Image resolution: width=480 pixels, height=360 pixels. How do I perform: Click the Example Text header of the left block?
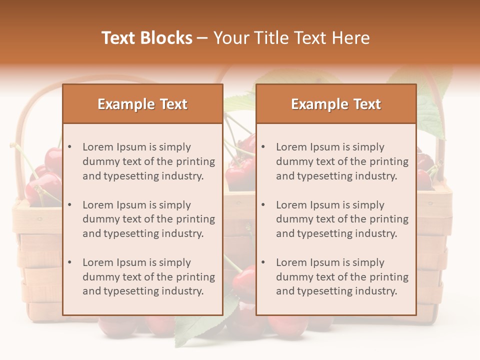click(142, 104)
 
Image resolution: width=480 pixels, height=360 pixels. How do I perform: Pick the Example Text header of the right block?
click(336, 104)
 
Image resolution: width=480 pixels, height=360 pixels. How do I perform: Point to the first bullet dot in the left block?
click(70, 147)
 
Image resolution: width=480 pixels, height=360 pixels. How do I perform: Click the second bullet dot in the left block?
click(70, 205)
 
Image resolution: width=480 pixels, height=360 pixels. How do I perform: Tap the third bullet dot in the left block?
click(70, 262)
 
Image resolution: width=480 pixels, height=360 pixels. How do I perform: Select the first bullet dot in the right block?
click(263, 147)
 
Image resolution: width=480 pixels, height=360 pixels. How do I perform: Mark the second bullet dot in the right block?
click(263, 205)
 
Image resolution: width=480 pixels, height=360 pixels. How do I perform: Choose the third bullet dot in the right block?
click(263, 262)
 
